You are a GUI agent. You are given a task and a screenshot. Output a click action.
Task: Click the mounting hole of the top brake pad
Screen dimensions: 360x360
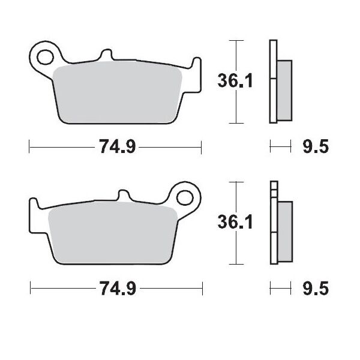44,58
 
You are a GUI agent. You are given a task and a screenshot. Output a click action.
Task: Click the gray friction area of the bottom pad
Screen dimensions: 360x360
114,231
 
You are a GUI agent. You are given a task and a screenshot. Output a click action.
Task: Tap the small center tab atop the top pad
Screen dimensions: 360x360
106,55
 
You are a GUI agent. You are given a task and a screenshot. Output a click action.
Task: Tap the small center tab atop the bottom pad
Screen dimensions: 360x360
125,196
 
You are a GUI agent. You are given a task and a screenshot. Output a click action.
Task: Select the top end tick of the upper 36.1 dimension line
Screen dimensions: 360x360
238,40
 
